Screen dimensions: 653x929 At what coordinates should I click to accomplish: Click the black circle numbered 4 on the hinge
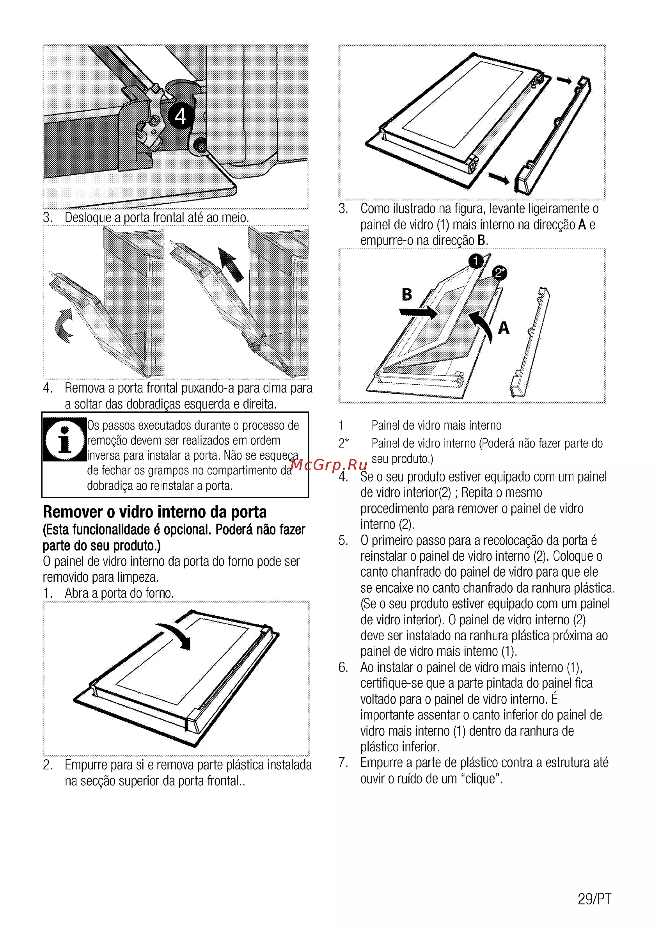(x=181, y=116)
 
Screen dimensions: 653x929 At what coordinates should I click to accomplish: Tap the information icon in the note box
(x=64, y=439)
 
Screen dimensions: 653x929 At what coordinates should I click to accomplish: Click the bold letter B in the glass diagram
(x=406, y=294)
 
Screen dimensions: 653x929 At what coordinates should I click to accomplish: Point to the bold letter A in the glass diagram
(x=503, y=327)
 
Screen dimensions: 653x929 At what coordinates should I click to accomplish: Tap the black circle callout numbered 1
(x=476, y=261)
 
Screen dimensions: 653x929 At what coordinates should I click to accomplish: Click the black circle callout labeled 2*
(x=500, y=273)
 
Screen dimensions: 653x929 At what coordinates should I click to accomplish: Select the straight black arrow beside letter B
(x=418, y=312)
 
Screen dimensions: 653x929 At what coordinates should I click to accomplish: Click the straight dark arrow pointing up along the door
(x=231, y=265)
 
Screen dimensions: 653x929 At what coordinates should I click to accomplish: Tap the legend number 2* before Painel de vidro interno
(x=344, y=443)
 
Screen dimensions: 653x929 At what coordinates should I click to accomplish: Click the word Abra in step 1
(x=77, y=593)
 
